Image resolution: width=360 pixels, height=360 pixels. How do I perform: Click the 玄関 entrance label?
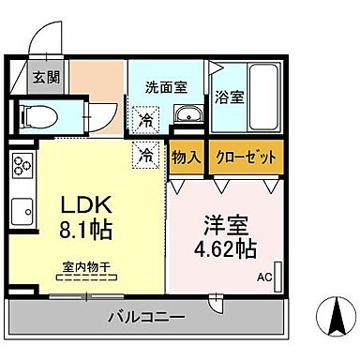(44, 77)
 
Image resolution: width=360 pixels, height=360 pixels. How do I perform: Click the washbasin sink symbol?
(188, 115)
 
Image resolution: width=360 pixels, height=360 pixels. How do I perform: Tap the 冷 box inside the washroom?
(146, 119)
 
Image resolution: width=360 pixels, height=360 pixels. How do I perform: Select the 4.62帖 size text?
(224, 250)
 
